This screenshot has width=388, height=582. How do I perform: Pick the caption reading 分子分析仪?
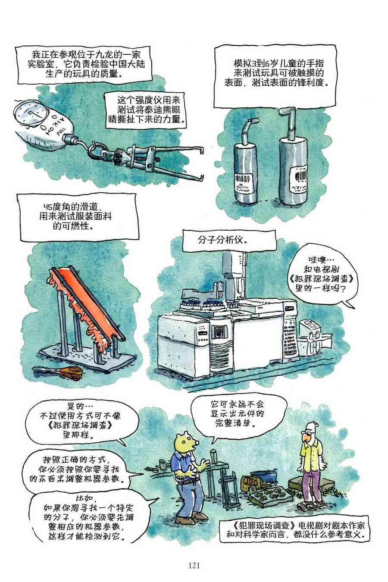(222, 240)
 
